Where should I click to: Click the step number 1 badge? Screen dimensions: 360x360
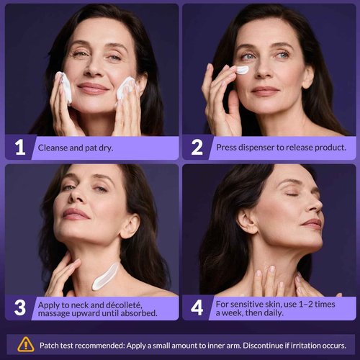pyautogui.click(x=20, y=148)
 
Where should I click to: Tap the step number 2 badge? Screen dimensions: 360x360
pyautogui.click(x=197, y=148)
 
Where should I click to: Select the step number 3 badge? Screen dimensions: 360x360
pyautogui.click(x=20, y=307)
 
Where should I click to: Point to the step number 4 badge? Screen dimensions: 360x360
pyautogui.click(x=197, y=307)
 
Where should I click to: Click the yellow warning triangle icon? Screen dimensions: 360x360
pyautogui.click(x=26, y=343)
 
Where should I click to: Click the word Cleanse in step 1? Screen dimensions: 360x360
pyautogui.click(x=55, y=148)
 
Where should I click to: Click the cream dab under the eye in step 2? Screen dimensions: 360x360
pyautogui.click(x=242, y=70)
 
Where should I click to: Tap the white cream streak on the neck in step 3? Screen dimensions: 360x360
pyautogui.click(x=105, y=275)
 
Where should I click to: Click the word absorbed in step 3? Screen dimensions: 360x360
pyautogui.click(x=138, y=313)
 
